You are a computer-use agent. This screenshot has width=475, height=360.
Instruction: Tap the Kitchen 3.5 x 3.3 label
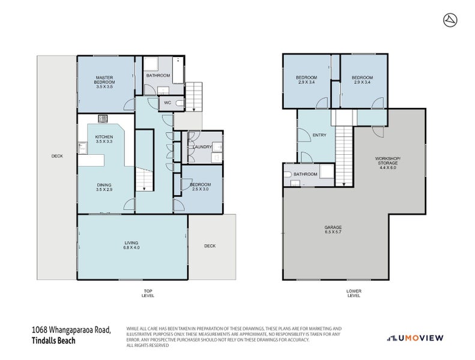104,139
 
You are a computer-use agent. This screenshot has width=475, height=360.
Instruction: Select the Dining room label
104,187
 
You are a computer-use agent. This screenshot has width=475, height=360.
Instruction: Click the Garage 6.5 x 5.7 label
333,229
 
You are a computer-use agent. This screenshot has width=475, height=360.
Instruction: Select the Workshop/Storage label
384,163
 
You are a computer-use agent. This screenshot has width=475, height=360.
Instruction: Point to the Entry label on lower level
319,135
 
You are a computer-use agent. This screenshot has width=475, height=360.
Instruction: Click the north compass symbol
449,20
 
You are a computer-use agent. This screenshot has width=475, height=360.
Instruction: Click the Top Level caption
148,293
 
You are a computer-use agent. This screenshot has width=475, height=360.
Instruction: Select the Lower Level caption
354,293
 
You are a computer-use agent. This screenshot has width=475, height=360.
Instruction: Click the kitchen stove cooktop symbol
103,119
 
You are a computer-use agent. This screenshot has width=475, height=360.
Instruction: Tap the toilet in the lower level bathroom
289,175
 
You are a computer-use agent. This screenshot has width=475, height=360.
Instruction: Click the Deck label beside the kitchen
57,156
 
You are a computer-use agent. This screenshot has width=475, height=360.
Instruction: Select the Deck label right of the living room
209,246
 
